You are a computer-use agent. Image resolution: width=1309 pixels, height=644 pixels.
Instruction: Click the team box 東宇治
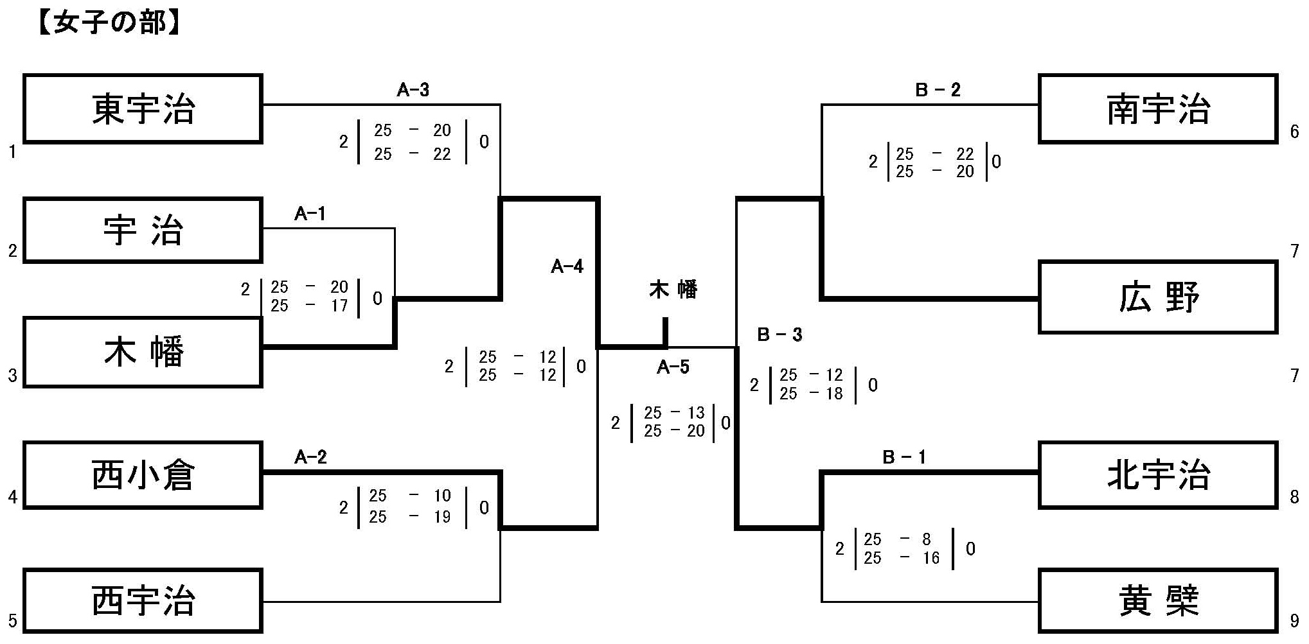tap(143, 109)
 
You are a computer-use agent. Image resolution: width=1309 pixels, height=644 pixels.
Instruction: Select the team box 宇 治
tap(143, 230)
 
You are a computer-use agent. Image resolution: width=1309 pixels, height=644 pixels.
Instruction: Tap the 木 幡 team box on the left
tap(143, 352)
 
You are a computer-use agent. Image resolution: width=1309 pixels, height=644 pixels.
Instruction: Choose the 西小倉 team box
tap(143, 475)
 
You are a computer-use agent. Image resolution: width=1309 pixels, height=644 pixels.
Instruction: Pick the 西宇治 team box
tap(143, 601)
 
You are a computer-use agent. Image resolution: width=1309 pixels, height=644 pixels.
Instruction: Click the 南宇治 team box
tap(1157, 109)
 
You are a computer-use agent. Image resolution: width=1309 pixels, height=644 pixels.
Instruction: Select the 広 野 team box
tap(1157, 297)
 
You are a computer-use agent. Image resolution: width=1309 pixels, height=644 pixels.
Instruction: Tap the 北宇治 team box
tap(1157, 475)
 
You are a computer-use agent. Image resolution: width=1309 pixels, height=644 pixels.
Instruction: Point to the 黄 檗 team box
tap(1157, 601)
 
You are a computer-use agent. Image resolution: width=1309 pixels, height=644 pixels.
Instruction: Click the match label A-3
tap(413, 90)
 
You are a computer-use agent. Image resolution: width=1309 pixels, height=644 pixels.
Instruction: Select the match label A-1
tap(310, 214)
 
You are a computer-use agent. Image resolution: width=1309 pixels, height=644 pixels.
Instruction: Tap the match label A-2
tap(310, 457)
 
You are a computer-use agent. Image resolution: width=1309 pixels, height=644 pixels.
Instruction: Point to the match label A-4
tap(567, 266)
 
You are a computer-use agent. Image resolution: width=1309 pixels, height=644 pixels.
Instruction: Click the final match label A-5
tap(673, 367)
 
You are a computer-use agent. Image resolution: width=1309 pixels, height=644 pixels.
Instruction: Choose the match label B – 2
tap(938, 90)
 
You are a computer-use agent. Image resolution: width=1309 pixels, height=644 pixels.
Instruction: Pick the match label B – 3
tap(779, 335)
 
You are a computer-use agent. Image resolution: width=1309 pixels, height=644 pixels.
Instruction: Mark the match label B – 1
tap(904, 457)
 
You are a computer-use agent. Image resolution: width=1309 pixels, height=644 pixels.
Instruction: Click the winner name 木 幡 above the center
tap(673, 290)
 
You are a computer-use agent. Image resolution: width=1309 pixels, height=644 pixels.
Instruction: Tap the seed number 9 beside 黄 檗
tap(1294, 621)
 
